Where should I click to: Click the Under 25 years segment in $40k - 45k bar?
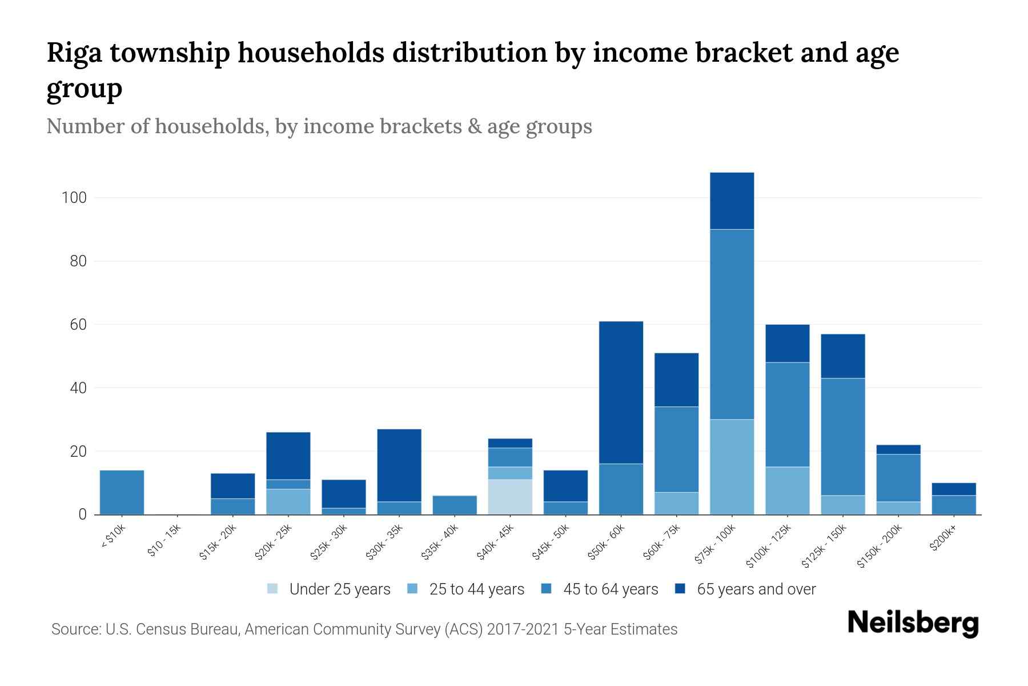click(510, 497)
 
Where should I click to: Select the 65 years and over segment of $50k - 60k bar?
click(621, 392)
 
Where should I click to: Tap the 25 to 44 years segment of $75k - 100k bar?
click(732, 467)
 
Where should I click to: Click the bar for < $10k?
click(122, 492)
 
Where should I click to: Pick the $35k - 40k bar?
click(455, 505)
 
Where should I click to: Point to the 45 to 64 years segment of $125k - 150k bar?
click(842, 437)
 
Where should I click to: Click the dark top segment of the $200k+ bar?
click(953, 489)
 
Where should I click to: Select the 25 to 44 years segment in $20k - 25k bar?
click(288, 501)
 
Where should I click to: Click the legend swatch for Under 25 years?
click(273, 589)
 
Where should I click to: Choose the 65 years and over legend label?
click(756, 589)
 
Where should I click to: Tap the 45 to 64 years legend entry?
click(610, 589)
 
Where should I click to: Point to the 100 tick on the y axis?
click(74, 198)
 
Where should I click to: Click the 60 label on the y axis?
click(78, 325)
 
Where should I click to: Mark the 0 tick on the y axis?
click(82, 514)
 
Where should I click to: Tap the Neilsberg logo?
click(913, 623)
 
